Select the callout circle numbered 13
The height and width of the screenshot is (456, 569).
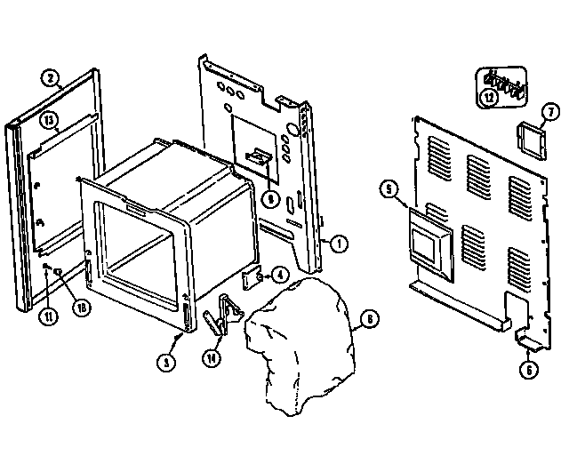click(x=49, y=118)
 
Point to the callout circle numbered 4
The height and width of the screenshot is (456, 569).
click(x=280, y=275)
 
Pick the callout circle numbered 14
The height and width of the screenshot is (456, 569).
click(x=211, y=357)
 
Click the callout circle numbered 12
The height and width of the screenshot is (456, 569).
click(x=490, y=98)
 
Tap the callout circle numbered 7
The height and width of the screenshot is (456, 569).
click(x=549, y=112)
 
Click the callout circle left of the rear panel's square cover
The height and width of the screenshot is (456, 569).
click(x=388, y=188)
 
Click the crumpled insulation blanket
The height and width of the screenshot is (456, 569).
click(x=298, y=342)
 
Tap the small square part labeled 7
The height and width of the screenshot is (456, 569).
click(x=527, y=139)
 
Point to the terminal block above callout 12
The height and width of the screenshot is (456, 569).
click(x=503, y=82)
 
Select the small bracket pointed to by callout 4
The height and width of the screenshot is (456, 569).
click(x=252, y=278)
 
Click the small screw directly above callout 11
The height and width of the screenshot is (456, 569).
click(x=45, y=266)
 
